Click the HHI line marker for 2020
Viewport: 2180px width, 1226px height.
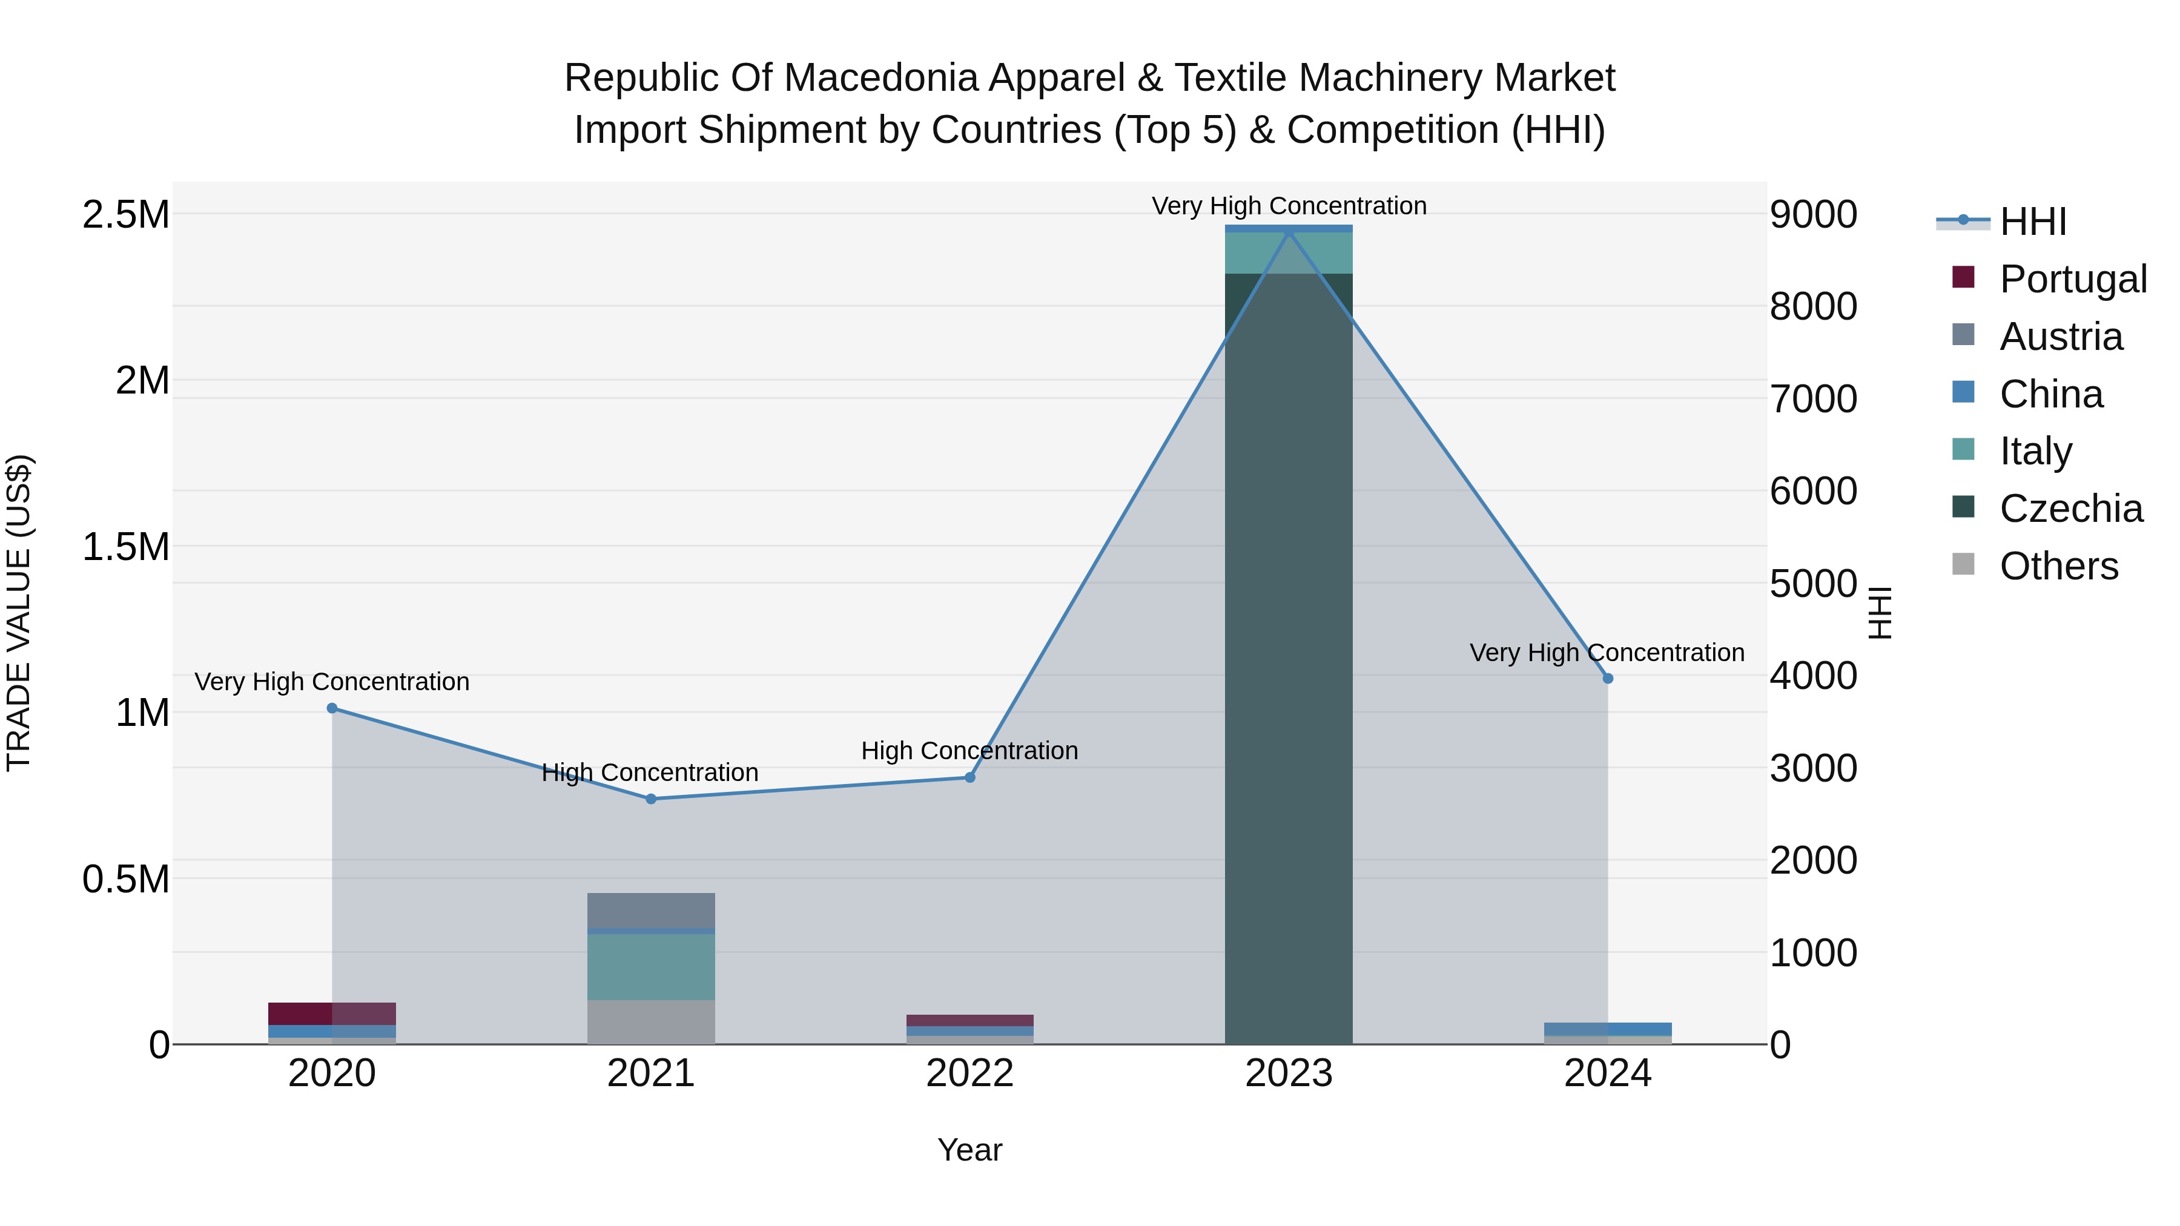pyautogui.click(x=332, y=708)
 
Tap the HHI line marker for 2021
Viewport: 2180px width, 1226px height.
pyautogui.click(x=651, y=799)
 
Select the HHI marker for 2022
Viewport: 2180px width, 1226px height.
pyautogui.click(x=970, y=777)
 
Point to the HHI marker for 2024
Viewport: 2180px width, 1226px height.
pyautogui.click(x=1608, y=677)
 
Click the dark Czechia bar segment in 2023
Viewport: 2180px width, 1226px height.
pyautogui.click(x=1288, y=660)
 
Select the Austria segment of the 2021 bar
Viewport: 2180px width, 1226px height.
pyautogui.click(x=651, y=911)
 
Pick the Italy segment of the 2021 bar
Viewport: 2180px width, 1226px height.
pyautogui.click(x=651, y=966)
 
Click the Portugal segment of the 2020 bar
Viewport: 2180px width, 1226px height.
pyautogui.click(x=332, y=1013)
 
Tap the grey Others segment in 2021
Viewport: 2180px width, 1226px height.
pyautogui.click(x=651, y=1022)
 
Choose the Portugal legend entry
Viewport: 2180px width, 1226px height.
pyautogui.click(x=2072, y=279)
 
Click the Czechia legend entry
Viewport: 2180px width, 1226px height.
pyautogui.click(x=2070, y=509)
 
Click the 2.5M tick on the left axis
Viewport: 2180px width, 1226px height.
pyautogui.click(x=126, y=215)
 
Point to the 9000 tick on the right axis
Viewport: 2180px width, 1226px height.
pyautogui.click(x=1812, y=215)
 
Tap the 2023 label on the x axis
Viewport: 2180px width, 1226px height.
pyautogui.click(x=1288, y=1073)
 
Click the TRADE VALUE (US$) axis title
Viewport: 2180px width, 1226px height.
pyautogui.click(x=19, y=613)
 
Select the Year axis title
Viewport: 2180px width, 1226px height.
pyautogui.click(x=970, y=1150)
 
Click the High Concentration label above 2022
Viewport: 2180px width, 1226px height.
pyautogui.click(x=970, y=751)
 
